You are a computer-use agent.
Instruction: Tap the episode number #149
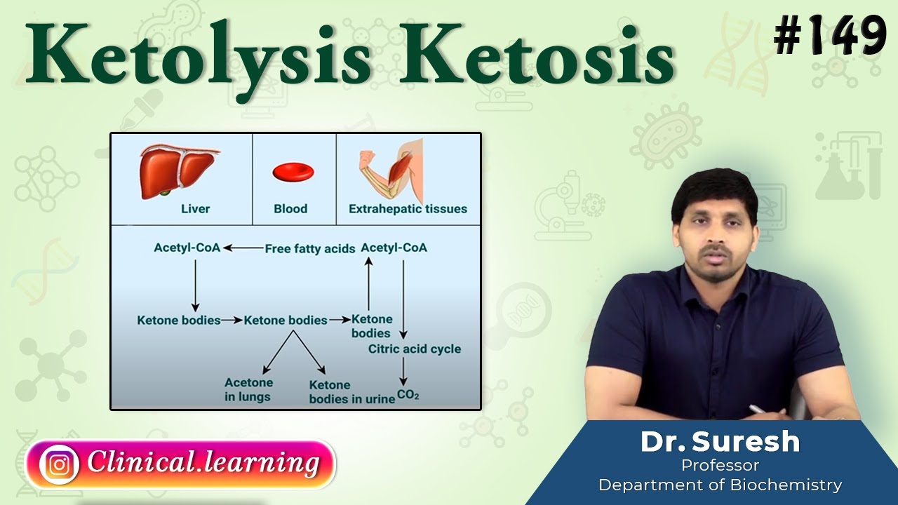click(830, 36)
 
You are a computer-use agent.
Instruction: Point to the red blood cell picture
click(293, 172)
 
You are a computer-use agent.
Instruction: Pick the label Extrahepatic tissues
click(408, 208)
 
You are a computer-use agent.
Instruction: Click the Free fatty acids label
click(310, 248)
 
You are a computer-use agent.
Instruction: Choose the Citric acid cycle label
click(415, 349)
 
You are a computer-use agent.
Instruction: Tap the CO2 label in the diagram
click(408, 395)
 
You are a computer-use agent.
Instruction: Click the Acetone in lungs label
click(248, 389)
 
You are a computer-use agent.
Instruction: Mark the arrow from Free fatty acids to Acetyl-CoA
click(243, 248)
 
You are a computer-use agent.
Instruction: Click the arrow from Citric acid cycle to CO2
click(403, 371)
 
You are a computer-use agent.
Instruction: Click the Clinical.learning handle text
click(203, 463)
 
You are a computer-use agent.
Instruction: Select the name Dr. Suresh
click(720, 442)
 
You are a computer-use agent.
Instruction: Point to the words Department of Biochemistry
click(720, 484)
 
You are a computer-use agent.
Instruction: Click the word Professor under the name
click(720, 464)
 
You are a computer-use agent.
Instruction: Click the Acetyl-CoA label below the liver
click(187, 248)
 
